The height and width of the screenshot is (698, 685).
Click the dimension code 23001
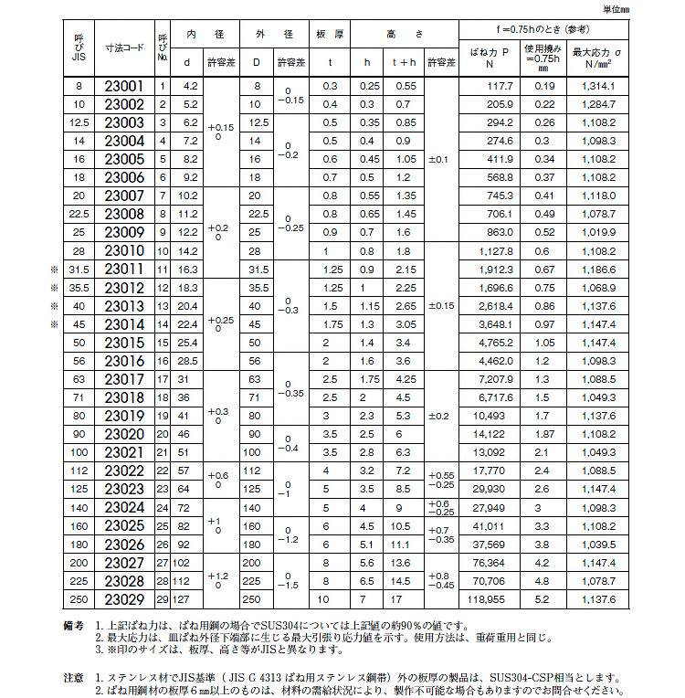(124, 86)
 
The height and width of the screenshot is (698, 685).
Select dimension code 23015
(124, 342)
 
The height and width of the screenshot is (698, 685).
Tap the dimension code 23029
(124, 599)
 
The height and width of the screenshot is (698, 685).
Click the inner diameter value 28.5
(188, 361)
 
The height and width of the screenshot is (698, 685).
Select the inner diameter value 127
(188, 599)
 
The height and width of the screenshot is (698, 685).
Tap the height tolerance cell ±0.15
(442, 305)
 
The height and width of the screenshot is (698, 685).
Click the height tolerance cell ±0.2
(442, 416)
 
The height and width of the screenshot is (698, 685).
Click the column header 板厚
(330, 33)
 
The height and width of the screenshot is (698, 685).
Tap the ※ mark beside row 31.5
(54, 270)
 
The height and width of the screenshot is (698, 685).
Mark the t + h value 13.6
(403, 563)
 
